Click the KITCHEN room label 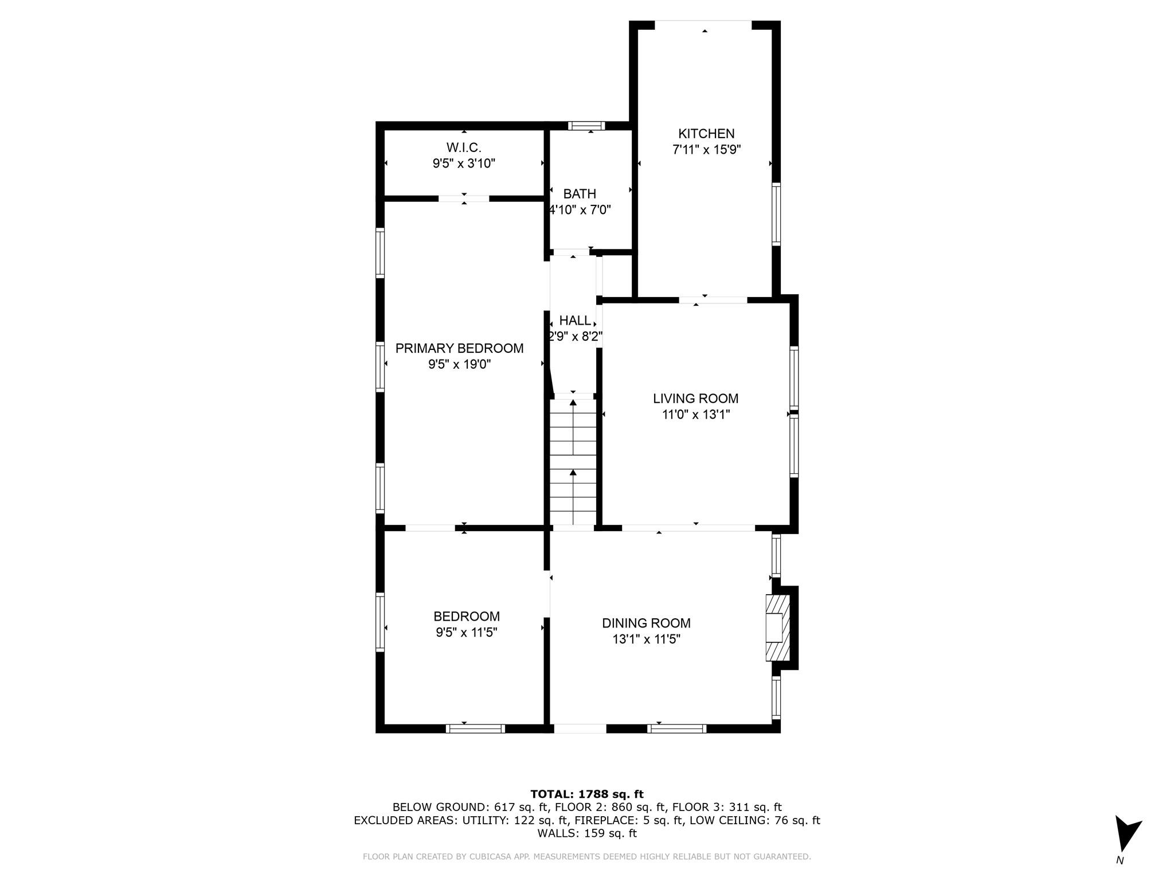[706, 134]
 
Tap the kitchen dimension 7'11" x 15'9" [706, 150]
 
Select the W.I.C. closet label [463, 147]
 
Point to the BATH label [579, 194]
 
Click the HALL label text [574, 321]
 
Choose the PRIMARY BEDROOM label [459, 348]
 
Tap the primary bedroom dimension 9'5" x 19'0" [459, 364]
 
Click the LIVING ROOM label [695, 398]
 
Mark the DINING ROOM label [646, 623]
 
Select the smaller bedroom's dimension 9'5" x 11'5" [466, 632]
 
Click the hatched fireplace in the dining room [778, 627]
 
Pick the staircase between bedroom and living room [573, 462]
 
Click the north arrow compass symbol [1126, 835]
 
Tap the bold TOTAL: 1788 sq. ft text [586, 794]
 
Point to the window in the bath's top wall [586, 126]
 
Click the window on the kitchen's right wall [776, 214]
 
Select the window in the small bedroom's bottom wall [475, 728]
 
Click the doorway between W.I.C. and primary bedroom [464, 198]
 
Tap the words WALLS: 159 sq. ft [586, 833]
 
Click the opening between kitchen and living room [713, 299]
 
